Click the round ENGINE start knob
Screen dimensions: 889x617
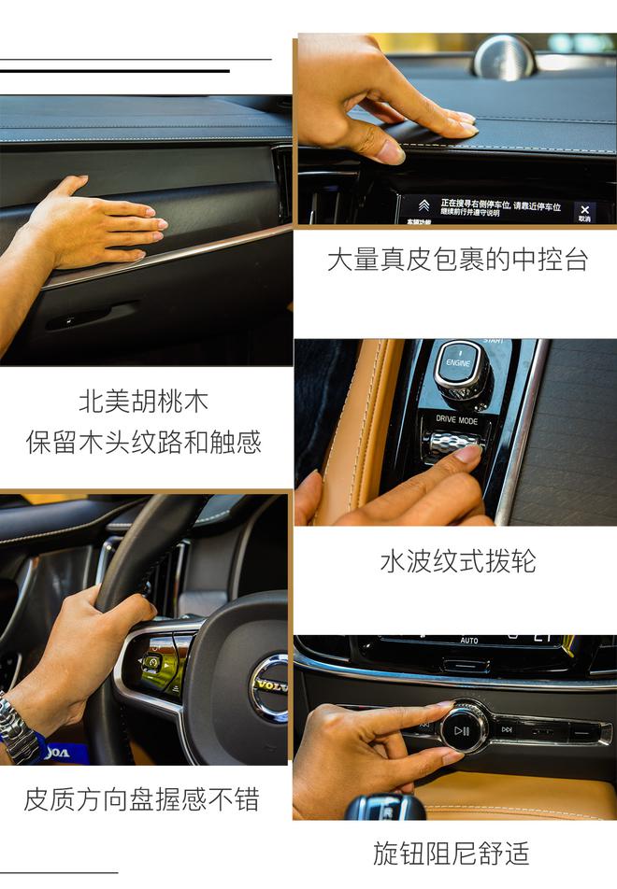pyautogui.click(x=458, y=362)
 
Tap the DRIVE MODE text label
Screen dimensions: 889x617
pyautogui.click(x=456, y=420)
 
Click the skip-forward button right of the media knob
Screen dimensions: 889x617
pyautogui.click(x=507, y=729)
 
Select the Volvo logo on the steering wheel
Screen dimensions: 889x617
pyautogui.click(x=271, y=687)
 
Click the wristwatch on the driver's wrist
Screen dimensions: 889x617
pyautogui.click(x=18, y=727)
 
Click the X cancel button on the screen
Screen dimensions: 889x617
pyautogui.click(x=584, y=212)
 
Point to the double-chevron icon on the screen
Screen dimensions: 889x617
pyautogui.click(x=423, y=206)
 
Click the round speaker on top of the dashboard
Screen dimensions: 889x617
pyautogui.click(x=504, y=56)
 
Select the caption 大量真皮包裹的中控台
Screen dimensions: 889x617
pyautogui.click(x=457, y=260)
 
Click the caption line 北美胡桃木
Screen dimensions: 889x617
pyautogui.click(x=143, y=402)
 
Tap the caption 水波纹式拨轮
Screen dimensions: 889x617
pyautogui.click(x=457, y=561)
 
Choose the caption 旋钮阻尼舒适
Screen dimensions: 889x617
pyautogui.click(x=451, y=853)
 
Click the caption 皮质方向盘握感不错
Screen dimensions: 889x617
pyautogui.click(x=141, y=800)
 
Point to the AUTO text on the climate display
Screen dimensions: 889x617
pyautogui.click(x=469, y=641)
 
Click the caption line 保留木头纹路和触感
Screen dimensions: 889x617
pyautogui.click(x=143, y=442)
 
